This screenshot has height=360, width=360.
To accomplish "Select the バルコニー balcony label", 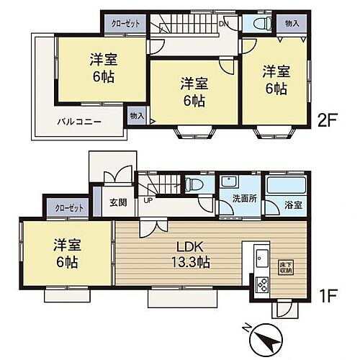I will (x=79, y=122).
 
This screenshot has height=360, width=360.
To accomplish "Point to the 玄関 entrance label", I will (x=115, y=202).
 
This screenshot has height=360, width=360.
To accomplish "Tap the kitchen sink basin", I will (x=260, y=259).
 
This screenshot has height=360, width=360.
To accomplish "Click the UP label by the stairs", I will (x=148, y=200).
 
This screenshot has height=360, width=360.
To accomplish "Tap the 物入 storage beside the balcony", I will (x=137, y=114).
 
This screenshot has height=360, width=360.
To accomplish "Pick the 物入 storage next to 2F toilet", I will (x=292, y=24).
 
